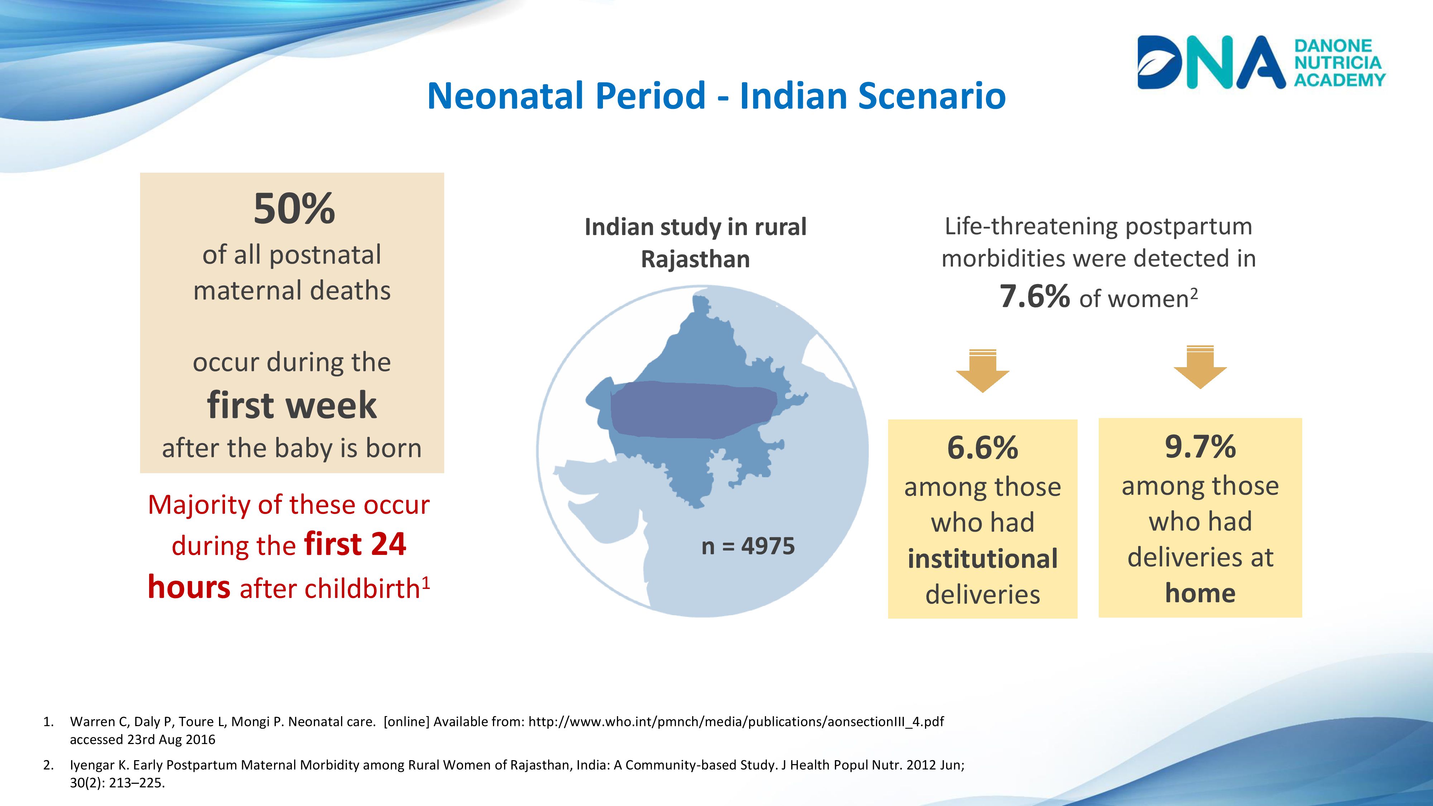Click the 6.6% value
[982, 448]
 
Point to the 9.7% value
[1200, 447]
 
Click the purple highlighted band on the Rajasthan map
[692, 409]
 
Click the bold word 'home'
[1200, 593]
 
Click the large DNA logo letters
[1210, 62]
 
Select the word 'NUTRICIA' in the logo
[1338, 62]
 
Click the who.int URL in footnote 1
[736, 721]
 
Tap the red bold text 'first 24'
[355, 544]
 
